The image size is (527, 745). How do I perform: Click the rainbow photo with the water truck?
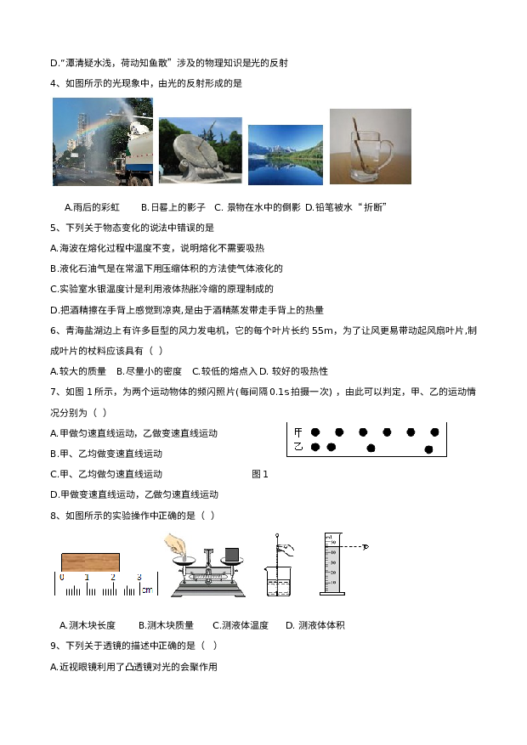pos(103,141)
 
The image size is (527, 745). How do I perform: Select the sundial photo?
pos(200,150)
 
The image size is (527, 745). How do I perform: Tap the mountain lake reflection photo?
pos(285,155)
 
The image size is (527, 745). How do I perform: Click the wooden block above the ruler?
pos(91,562)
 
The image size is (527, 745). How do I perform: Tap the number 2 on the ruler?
pos(112,578)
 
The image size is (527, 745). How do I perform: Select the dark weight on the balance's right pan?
pos(230,555)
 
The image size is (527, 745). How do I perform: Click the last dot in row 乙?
pos(429,449)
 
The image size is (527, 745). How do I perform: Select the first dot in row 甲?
pos(315,432)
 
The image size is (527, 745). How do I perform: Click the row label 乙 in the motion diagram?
pos(297,447)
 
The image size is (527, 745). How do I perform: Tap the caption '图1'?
pos(260,474)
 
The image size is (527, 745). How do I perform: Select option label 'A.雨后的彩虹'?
pos(93,206)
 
